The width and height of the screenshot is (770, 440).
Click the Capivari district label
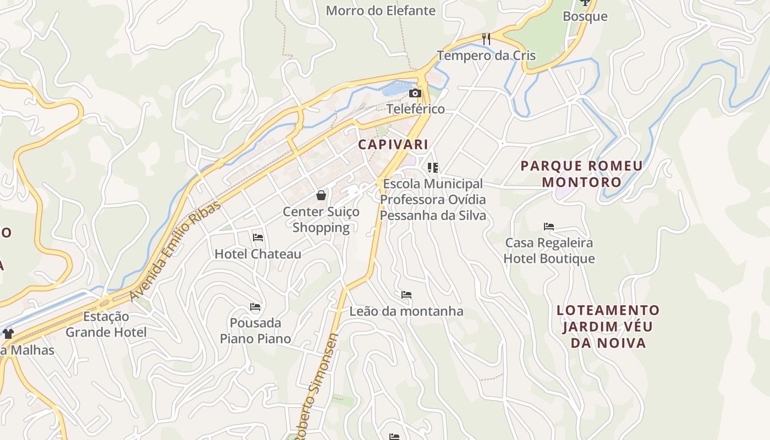click(393, 145)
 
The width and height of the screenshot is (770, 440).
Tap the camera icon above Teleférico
click(415, 94)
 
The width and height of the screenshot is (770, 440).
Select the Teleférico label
click(415, 109)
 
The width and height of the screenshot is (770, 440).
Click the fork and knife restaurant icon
click(486, 38)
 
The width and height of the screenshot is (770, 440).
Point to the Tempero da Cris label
click(486, 56)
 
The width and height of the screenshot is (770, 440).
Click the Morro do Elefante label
click(381, 10)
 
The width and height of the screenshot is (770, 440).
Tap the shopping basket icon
click(321, 195)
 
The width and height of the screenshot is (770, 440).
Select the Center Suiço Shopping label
click(321, 219)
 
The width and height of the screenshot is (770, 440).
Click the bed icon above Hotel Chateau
click(258, 238)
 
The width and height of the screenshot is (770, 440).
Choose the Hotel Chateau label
click(258, 254)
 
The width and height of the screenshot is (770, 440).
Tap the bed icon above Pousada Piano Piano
click(255, 306)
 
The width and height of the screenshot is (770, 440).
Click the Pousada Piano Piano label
click(255, 331)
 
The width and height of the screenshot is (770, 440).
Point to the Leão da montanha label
click(406, 311)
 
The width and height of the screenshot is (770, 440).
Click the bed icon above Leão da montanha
click(406, 295)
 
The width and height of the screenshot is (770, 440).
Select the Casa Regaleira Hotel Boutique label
click(549, 251)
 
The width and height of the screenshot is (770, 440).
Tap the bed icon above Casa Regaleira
click(548, 226)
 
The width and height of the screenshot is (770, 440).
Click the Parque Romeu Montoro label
click(581, 174)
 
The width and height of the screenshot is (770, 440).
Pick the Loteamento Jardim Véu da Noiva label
click(608, 327)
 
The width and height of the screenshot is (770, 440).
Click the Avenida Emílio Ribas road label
click(175, 251)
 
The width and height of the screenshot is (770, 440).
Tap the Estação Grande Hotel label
click(106, 324)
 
